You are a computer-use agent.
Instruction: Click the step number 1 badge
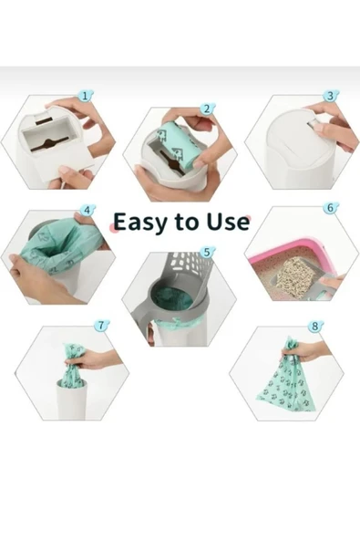coord(86,96)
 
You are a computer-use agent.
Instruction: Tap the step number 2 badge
coord(208,109)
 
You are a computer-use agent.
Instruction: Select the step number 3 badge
coord(331,96)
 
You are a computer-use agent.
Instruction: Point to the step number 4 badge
coord(87,210)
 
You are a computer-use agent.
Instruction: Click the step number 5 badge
coord(208,252)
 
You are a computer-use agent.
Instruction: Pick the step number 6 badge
coord(331,208)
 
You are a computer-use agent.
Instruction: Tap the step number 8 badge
coord(315,326)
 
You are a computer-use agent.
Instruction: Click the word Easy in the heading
coord(139,223)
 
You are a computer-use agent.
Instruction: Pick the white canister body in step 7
coord(71,400)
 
